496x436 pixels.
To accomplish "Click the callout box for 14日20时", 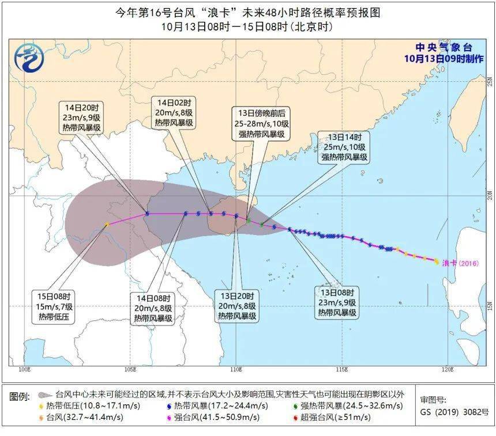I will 82,117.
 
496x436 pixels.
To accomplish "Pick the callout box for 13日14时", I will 344,146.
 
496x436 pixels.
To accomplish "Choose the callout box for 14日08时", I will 153,308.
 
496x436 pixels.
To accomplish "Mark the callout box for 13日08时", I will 337,303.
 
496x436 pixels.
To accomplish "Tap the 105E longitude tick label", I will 130,369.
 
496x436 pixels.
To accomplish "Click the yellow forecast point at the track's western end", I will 107,225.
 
